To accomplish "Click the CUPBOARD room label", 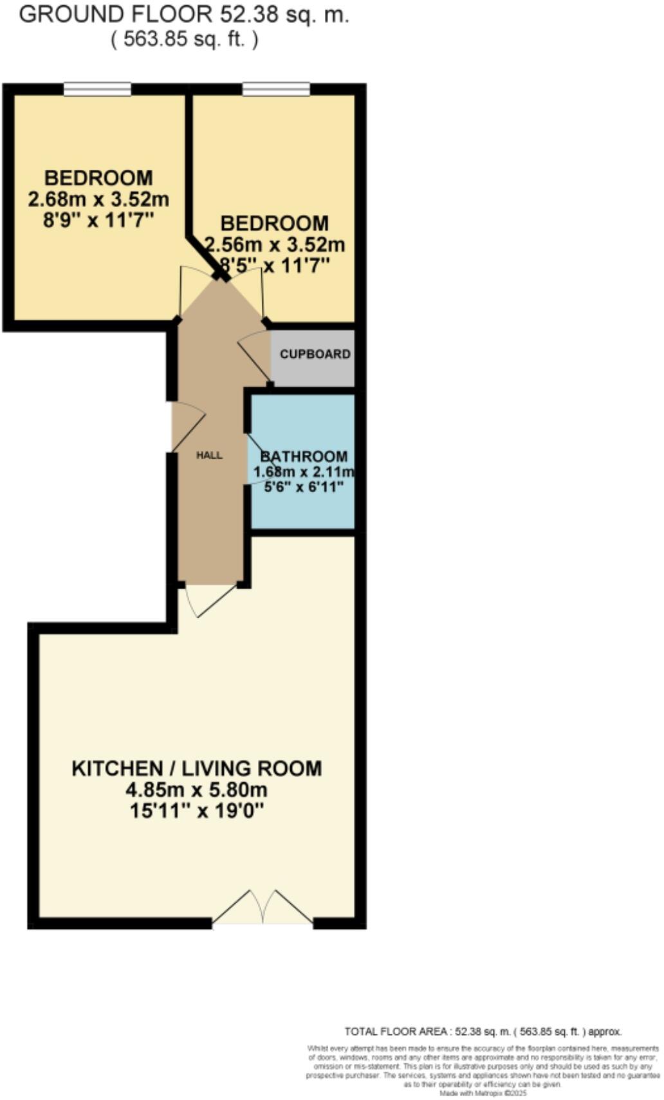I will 315,354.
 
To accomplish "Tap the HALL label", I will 209,455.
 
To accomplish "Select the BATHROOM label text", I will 304,457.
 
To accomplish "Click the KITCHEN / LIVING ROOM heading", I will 196,769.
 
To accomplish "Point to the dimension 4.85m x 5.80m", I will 196,790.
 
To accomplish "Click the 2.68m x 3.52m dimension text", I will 98,199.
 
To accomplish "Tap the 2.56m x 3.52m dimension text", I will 275,245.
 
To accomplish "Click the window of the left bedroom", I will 98,89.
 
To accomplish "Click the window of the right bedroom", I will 275,89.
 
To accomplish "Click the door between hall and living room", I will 209,600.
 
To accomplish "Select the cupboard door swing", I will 255,357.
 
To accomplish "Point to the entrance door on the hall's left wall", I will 187,427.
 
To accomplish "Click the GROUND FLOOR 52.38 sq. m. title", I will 184,15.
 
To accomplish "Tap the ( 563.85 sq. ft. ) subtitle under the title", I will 184,40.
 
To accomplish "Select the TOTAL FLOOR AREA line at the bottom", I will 483,1032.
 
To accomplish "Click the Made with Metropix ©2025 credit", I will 483,1093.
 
